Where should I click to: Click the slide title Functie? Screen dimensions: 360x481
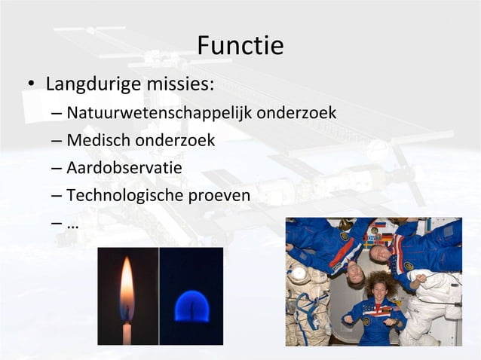(240, 46)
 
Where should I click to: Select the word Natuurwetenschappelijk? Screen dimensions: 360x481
(159, 114)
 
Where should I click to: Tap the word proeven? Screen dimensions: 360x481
(219, 194)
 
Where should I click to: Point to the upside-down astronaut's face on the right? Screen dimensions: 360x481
(382, 255)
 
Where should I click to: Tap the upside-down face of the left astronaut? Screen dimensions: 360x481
(354, 276)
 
